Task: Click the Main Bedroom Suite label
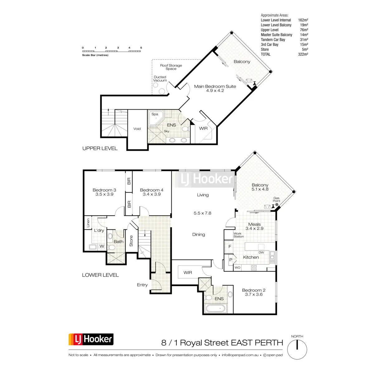pos(215,86)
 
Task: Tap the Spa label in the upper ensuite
pos(155,114)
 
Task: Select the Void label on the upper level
pos(137,129)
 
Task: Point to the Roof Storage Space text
pos(171,67)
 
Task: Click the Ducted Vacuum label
pos(160,79)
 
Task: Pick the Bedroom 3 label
pos(104,190)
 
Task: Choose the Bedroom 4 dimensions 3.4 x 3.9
pos(152,194)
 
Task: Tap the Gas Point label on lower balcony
pos(276,199)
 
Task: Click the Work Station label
pos(238,235)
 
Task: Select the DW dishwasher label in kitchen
pos(261,252)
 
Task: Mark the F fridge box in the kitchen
pos(230,247)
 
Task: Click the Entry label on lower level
pos(142,285)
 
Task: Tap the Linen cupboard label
pos(88,223)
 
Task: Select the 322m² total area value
pos(303,54)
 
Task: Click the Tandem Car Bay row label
pos(273,40)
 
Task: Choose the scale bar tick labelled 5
pos(141,48)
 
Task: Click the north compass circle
pos(297,349)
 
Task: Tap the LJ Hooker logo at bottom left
pos(91,339)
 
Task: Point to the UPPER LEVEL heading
pos(100,148)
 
